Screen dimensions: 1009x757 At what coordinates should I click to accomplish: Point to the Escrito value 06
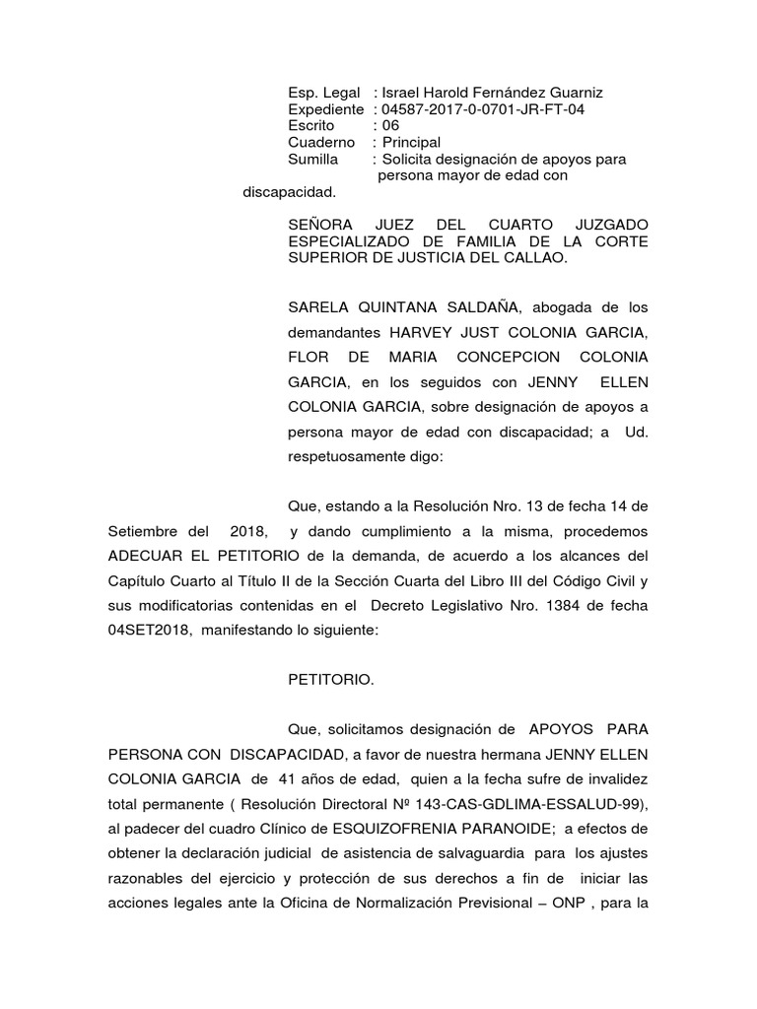click(x=391, y=125)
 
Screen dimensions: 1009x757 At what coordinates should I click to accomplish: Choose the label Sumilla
click(x=312, y=159)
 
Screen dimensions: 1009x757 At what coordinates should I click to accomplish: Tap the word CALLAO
click(x=540, y=258)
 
